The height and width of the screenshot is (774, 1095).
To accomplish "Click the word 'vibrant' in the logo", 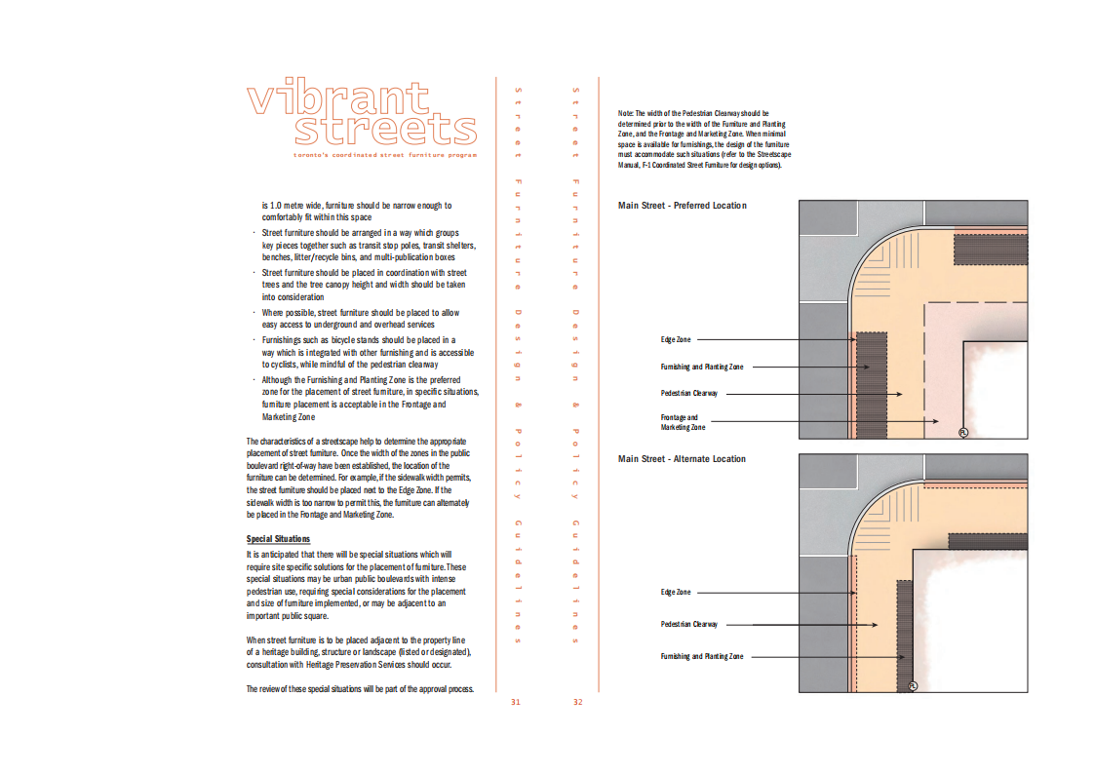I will [x=337, y=99].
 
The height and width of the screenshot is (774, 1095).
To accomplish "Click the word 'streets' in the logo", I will [x=386, y=131].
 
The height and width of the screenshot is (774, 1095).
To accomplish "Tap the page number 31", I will [x=516, y=702].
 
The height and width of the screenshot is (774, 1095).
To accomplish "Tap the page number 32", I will [x=577, y=702].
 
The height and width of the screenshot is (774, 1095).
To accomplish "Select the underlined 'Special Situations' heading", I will [x=278, y=539].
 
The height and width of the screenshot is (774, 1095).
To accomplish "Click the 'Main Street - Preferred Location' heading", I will [x=682, y=206].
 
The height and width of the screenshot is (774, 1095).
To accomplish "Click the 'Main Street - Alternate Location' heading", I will [x=682, y=459].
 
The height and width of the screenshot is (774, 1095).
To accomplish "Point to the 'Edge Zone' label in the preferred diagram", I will [x=676, y=339].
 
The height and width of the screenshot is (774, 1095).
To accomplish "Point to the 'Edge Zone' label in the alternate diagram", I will [x=676, y=592].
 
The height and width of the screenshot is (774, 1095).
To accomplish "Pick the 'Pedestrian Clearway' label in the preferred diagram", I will [x=689, y=394].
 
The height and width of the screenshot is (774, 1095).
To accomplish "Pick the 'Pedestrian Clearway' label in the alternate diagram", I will [x=689, y=624].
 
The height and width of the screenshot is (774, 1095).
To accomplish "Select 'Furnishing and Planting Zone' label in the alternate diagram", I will [x=702, y=657].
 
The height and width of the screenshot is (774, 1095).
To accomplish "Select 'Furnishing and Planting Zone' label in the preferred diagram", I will [x=702, y=368].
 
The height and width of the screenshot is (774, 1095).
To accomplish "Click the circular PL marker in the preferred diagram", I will [x=962, y=432].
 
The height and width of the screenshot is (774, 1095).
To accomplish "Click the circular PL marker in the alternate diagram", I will [x=913, y=685].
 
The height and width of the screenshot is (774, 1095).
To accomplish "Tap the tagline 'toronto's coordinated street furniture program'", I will [x=385, y=156].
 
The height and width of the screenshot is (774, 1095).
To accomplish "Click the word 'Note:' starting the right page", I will [x=626, y=113].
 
